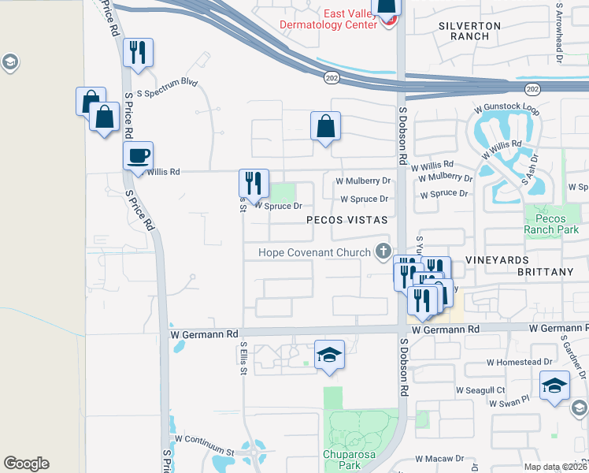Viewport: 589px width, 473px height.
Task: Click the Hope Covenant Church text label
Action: point(317,252)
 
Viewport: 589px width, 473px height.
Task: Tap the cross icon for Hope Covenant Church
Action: point(383,251)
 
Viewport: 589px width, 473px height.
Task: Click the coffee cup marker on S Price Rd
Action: point(138,155)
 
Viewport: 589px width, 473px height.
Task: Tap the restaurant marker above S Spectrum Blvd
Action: point(138,52)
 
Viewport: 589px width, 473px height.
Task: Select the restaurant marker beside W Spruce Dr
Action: point(254,183)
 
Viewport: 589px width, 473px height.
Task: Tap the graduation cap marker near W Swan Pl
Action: point(554,386)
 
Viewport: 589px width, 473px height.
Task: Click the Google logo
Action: point(26,464)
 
